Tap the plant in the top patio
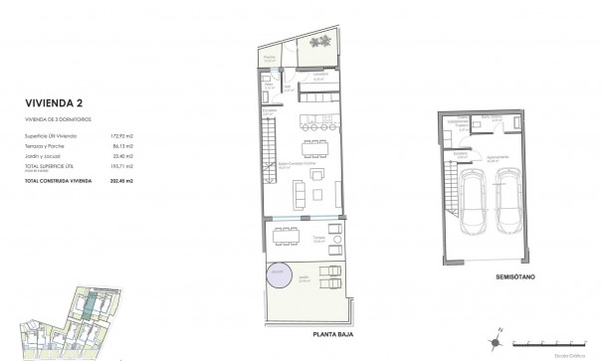click(321, 41)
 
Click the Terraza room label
click(319, 239)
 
